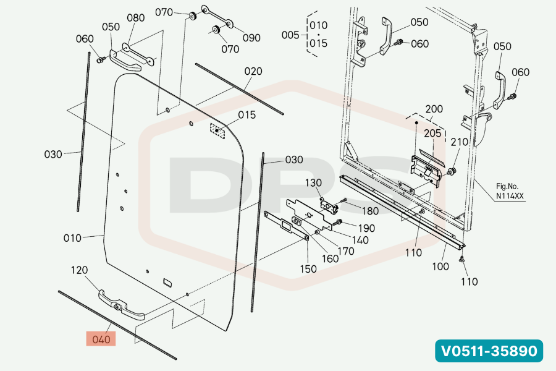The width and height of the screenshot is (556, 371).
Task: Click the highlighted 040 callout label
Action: (x=101, y=339)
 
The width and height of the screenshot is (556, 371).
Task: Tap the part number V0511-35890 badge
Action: (x=489, y=351)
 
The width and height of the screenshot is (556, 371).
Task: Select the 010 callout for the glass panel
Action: (x=72, y=238)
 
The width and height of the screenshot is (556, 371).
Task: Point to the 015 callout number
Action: (x=246, y=115)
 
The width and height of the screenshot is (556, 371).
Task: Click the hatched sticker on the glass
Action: (x=217, y=131)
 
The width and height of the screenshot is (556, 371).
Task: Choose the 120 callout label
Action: (x=79, y=270)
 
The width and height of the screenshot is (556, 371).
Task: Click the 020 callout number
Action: (x=253, y=71)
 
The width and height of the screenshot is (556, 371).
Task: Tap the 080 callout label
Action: (x=135, y=18)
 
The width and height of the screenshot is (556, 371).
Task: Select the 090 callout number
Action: (x=252, y=38)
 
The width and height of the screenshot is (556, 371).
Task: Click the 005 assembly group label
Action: (x=290, y=35)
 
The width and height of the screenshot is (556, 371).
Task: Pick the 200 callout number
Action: (x=434, y=109)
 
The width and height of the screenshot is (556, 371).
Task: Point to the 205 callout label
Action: (x=432, y=133)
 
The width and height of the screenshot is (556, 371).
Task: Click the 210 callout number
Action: (x=459, y=142)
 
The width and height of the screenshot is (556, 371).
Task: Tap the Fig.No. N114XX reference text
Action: (x=510, y=191)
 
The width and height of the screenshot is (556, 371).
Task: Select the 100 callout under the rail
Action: (x=440, y=267)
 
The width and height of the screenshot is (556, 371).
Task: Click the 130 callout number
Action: (x=313, y=183)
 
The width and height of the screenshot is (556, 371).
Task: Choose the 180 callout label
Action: (x=370, y=211)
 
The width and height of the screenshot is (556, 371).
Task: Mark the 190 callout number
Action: (x=366, y=228)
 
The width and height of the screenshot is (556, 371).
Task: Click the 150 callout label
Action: (x=308, y=269)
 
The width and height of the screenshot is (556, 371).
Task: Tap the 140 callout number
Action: (x=360, y=241)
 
